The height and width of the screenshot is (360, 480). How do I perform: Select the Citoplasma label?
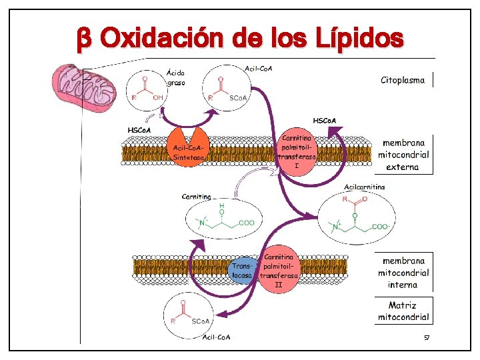402,81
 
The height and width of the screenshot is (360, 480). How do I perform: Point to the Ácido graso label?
176,77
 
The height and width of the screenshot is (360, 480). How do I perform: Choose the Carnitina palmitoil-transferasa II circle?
279,270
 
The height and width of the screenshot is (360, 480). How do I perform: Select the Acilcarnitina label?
364,187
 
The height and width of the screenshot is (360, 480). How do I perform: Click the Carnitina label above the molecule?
196,197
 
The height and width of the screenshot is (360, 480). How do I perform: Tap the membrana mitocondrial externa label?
403,155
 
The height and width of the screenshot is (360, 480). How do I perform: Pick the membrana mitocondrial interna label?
403,273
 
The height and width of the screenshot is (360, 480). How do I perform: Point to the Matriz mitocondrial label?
403,311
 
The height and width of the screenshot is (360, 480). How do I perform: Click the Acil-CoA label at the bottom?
216,337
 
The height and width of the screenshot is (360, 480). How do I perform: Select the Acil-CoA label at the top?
259,69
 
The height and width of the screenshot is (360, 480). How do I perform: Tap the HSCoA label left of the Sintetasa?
139,129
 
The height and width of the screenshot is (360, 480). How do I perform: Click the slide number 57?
427,339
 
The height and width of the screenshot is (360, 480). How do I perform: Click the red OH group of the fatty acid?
158,98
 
